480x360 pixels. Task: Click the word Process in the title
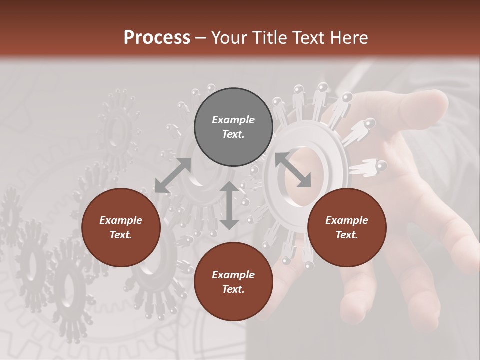pyautogui.click(x=157, y=37)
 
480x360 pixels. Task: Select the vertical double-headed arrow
pyautogui.click(x=229, y=205)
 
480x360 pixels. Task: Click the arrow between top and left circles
pyautogui.click(x=173, y=175)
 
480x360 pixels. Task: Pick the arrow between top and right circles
pyautogui.click(x=293, y=170)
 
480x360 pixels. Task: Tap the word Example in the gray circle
pyautogui.click(x=233, y=120)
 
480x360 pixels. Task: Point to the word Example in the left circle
pyautogui.click(x=121, y=220)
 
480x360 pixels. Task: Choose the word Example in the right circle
pyautogui.click(x=347, y=220)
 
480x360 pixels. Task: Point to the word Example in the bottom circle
pyautogui.click(x=233, y=275)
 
